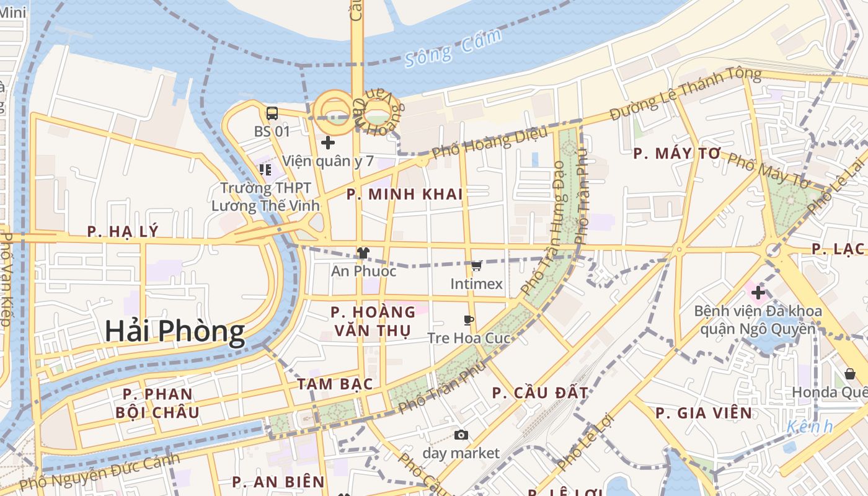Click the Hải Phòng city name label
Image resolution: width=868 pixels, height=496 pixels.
tap(174, 331)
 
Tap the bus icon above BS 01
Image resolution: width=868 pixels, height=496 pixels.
tap(272, 113)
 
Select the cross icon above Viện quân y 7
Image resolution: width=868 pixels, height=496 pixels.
tap(328, 143)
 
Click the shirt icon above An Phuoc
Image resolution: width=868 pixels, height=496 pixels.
tap(363, 253)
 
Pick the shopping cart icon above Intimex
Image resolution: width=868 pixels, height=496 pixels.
tap(476, 266)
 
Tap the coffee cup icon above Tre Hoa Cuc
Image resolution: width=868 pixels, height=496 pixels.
tap(469, 320)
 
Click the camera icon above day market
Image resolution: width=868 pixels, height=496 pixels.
tap(461, 435)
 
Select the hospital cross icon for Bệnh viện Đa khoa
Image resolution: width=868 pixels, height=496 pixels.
tap(758, 293)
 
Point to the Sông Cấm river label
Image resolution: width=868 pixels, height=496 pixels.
tap(453, 48)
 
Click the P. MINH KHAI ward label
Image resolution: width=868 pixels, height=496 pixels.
tap(404, 194)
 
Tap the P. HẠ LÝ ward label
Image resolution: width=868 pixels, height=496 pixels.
tap(123, 231)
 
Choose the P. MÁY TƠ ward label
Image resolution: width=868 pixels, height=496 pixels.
tap(677, 154)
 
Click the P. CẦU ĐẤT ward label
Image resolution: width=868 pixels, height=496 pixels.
tap(540, 392)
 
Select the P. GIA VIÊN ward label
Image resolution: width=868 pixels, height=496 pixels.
tap(704, 412)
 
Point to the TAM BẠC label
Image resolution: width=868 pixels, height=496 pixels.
tap(335, 384)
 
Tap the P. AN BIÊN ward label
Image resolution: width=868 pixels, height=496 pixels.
tap(278, 482)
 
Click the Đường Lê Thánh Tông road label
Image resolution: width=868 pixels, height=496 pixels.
tap(685, 94)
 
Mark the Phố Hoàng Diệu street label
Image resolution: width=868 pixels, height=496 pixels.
tap(490, 142)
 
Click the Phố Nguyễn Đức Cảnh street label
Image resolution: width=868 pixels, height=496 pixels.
tap(99, 472)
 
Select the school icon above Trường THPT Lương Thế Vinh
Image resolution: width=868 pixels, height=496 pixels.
tap(265, 169)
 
